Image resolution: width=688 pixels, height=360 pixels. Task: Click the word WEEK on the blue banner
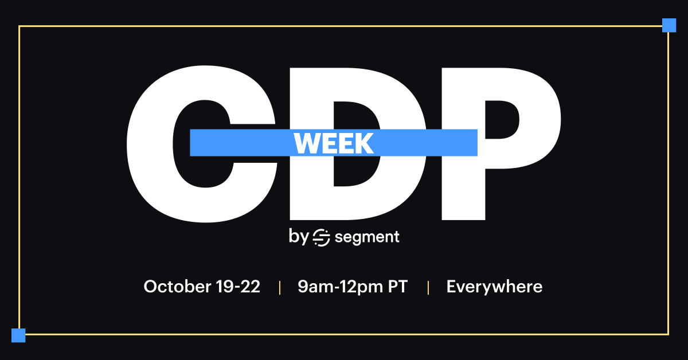click(334, 143)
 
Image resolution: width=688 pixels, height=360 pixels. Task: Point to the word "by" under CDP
click(299, 237)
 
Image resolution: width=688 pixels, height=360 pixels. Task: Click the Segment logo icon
click(321, 237)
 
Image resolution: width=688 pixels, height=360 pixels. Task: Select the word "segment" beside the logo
click(367, 237)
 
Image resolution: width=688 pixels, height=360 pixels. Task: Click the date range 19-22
click(238, 286)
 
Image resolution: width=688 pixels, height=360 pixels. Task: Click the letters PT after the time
click(398, 286)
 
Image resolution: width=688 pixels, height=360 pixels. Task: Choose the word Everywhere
click(494, 287)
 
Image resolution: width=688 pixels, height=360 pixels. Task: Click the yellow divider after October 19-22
click(280, 288)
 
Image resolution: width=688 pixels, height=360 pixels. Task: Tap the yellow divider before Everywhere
click(428, 288)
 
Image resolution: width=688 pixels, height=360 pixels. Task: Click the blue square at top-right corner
click(669, 25)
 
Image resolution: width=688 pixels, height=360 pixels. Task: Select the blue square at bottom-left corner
click(18, 335)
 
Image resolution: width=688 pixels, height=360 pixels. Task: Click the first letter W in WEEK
click(305, 143)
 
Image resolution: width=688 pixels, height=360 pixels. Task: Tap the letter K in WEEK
click(364, 143)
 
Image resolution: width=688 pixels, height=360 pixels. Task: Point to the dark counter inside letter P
click(502, 119)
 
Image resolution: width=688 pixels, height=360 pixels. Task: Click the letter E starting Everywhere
click(452, 286)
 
